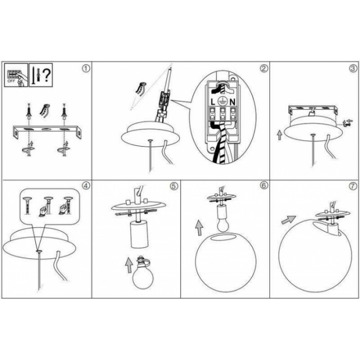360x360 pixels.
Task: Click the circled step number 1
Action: [x=86, y=68]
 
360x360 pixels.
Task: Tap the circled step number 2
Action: [x=264, y=68]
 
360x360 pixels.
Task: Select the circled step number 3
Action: [x=353, y=68]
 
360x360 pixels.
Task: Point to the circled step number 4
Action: [x=86, y=186]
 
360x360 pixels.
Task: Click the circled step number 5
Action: [x=174, y=186]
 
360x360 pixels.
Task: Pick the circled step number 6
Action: [x=264, y=186]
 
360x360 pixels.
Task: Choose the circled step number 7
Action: [x=353, y=186]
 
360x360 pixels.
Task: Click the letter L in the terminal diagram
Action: [x=213, y=102]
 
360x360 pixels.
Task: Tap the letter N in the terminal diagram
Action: [x=232, y=102]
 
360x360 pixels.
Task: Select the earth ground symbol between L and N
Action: [x=223, y=101]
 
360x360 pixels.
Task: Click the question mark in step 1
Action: [x=47, y=75]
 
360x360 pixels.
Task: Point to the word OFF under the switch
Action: [x=11, y=81]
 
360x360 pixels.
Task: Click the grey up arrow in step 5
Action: [x=129, y=265]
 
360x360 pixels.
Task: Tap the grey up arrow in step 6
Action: [x=199, y=227]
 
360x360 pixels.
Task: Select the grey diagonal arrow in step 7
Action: [x=289, y=220]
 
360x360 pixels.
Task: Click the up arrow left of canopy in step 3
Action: [x=279, y=135]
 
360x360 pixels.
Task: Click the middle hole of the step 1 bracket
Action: [x=46, y=130]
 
